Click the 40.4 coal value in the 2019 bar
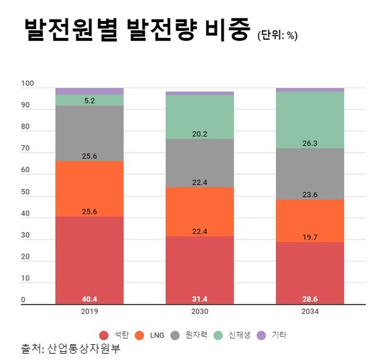[x=89, y=299]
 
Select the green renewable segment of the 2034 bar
[x=310, y=120]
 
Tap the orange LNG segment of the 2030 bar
[x=200, y=211]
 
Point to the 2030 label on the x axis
[x=200, y=311]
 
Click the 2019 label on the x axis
[x=89, y=311]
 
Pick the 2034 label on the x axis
[x=310, y=311]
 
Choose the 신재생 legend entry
[x=238, y=335]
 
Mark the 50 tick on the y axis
[x=25, y=192]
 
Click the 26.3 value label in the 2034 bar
[x=310, y=143]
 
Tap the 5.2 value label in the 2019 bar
[x=89, y=100]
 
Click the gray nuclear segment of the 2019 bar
[x=89, y=132]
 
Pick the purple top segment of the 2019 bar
[x=89, y=91]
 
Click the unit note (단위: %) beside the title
[x=277, y=35]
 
